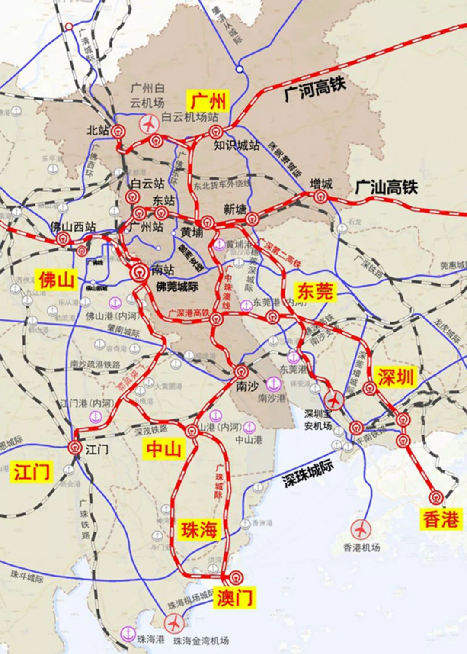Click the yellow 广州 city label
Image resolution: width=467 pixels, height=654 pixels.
(x=208, y=101)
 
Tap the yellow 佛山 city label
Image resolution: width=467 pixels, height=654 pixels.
(x=56, y=280)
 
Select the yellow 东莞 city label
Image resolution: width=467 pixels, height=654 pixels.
(x=315, y=291)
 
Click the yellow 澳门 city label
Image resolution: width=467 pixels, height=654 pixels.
(x=234, y=598)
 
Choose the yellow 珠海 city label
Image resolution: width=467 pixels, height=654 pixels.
(x=199, y=529)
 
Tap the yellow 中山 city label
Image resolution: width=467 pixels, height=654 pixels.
(x=163, y=449)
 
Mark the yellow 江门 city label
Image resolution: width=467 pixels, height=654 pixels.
(x=32, y=471)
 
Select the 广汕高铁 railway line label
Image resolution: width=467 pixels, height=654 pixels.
(x=386, y=187)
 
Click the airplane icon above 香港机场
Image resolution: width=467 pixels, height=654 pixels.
(x=360, y=529)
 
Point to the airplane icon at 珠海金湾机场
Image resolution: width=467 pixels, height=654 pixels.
(x=174, y=624)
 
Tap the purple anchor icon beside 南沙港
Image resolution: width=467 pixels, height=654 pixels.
(x=274, y=383)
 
